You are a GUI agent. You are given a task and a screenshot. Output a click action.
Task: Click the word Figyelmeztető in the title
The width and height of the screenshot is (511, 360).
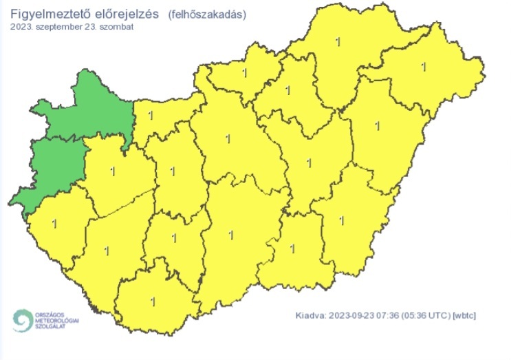(50, 14)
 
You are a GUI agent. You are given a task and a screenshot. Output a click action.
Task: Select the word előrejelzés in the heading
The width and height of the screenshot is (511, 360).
(127, 14)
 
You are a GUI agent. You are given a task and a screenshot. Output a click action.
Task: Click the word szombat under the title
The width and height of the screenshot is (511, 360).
(115, 28)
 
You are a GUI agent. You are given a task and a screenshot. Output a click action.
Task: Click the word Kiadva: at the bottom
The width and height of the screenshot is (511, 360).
(310, 315)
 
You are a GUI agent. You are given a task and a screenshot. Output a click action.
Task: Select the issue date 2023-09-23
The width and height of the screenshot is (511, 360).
(354, 315)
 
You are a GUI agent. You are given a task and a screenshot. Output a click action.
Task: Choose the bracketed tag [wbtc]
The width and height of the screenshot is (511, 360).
(465, 315)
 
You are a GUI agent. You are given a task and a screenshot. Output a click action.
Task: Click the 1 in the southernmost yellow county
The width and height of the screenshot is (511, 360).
(152, 300)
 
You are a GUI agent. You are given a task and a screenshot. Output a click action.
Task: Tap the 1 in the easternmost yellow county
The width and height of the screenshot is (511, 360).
(422, 67)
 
